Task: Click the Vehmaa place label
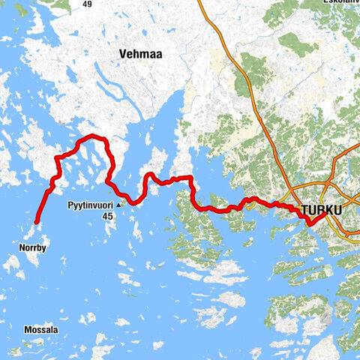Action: [x=140, y=54]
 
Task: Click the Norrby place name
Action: [x=31, y=246]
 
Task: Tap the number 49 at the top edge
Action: [x=87, y=4]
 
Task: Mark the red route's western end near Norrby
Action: [x=36, y=221]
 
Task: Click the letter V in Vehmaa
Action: [x=122, y=54]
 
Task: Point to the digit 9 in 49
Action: [x=90, y=4]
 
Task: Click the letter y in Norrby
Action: [x=44, y=247]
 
